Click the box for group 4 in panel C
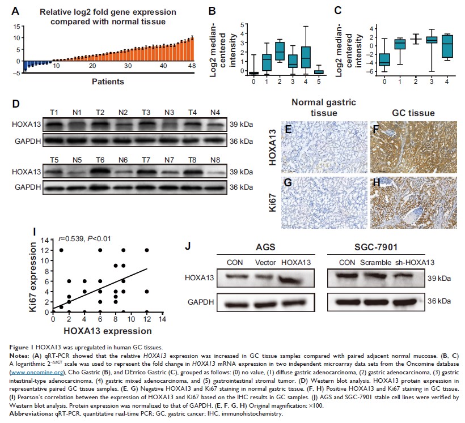(x=434, y=46)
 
